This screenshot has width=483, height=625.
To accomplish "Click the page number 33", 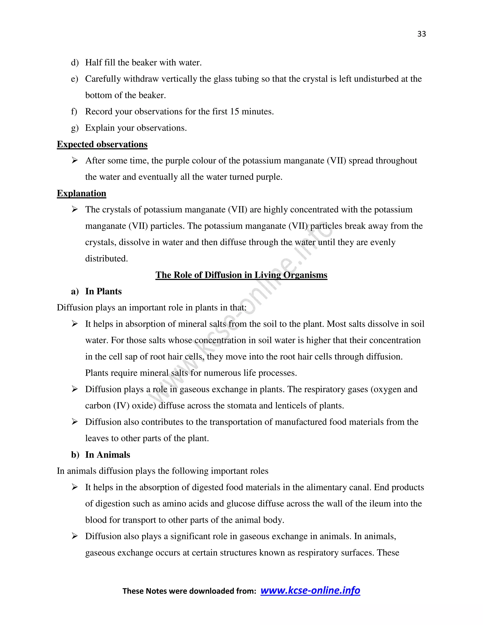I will coord(421,34).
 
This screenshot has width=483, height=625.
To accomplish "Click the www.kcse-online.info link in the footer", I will coord(310,590).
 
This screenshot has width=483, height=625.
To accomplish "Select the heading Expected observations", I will coord(102,144).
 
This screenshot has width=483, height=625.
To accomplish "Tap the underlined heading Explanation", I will coord(82,193).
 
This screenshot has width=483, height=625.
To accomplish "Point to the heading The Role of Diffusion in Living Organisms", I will coord(241,275).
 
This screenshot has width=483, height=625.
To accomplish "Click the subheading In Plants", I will coord(103,291).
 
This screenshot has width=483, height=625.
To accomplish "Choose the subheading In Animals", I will coord(108,455).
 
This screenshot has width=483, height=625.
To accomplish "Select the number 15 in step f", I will coord(234,112).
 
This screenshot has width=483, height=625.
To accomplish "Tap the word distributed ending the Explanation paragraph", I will coord(106,259).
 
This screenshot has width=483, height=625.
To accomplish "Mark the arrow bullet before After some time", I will coord(75,161).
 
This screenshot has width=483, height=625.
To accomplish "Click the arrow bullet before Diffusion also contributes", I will coord(75,422).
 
